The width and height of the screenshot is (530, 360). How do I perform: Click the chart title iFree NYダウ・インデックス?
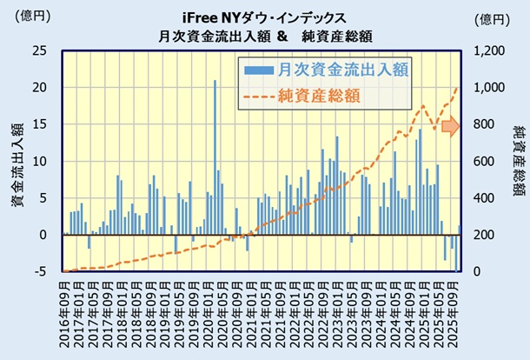click(264, 17)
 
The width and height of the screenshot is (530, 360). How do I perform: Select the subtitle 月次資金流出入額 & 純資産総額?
click(264, 36)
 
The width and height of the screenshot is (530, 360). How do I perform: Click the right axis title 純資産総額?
click(518, 162)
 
